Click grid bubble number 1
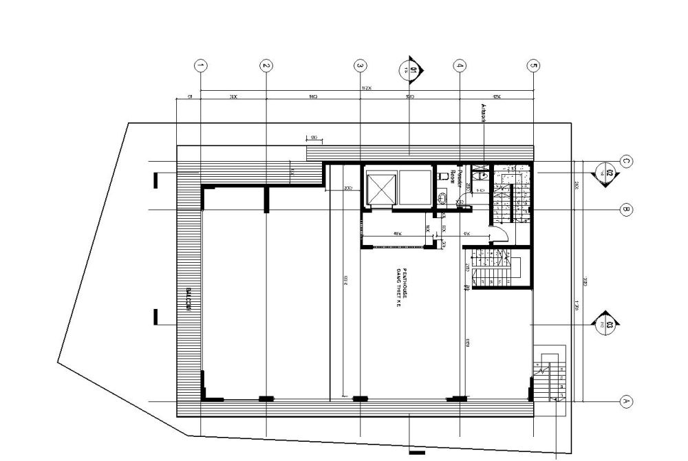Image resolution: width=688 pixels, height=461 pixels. pos(200,66)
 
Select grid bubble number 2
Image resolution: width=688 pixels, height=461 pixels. pos(266,66)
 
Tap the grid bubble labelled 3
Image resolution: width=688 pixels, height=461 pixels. pos(361,66)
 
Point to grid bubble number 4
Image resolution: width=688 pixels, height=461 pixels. pos(460,66)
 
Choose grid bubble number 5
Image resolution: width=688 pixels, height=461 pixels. pos(533,66)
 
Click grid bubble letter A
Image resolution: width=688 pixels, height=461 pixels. pos(626,400)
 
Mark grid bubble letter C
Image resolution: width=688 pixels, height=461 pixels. pos(626,162)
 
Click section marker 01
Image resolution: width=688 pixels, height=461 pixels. pos(411,69)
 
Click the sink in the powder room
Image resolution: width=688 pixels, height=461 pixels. pos(483,176)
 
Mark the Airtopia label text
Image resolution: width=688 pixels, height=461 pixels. pos(482,114)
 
